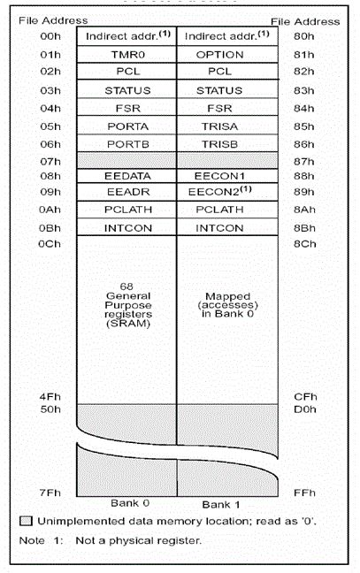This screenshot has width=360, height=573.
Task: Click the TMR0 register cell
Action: pos(126,55)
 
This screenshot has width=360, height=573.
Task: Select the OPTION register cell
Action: pos(227,55)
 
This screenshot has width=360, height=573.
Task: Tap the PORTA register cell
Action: pos(126,126)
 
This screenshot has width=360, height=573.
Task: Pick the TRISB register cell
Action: pos(227,143)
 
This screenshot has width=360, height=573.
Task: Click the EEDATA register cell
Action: pos(126,176)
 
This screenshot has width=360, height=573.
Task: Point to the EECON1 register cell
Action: pos(227,176)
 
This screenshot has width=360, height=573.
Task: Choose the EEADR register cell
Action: pos(126,192)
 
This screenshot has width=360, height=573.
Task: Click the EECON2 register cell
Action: pos(227,192)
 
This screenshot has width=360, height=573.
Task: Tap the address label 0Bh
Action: pos(50,228)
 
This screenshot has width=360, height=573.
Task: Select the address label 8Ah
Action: pos(304,210)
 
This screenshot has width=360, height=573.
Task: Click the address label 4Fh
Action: pos(50,397)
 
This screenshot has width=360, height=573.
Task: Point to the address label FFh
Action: pos(304,493)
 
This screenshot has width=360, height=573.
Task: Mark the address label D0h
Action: pos(305,409)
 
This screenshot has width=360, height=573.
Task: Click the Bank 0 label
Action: pos(130,503)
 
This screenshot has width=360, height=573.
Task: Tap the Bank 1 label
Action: pos(221,505)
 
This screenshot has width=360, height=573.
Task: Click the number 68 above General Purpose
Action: pos(126,286)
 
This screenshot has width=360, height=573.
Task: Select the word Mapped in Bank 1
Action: pos(227,296)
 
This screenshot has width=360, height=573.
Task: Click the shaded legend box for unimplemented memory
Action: pos(26,521)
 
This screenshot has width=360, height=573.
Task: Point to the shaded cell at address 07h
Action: pos(126,160)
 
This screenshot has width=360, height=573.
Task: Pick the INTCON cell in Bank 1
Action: pos(227,227)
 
